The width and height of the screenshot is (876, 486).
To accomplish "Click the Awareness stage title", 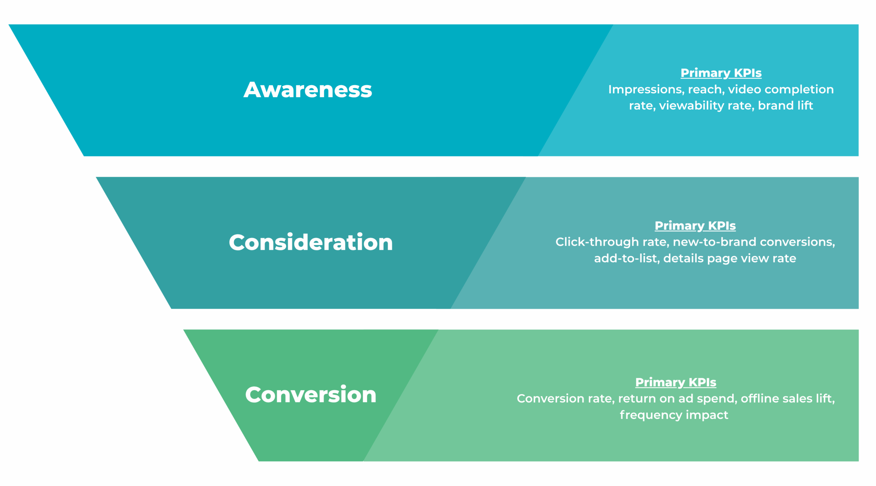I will coord(307,90).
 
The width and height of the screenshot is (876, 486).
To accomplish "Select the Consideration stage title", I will coord(311,242).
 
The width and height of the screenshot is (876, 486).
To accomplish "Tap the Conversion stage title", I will coord(311,395).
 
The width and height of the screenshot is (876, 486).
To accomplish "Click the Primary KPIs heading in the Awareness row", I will coord(721,73).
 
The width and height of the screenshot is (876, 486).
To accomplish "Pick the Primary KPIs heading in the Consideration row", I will coord(695,226).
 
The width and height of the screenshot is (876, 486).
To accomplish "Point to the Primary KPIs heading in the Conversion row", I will coord(675,382).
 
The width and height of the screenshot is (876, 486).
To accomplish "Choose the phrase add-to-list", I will coord(626,258).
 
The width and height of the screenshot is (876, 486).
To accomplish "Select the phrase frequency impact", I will coord(673,415).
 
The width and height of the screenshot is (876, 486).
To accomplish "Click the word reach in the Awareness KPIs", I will coord(706,89).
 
